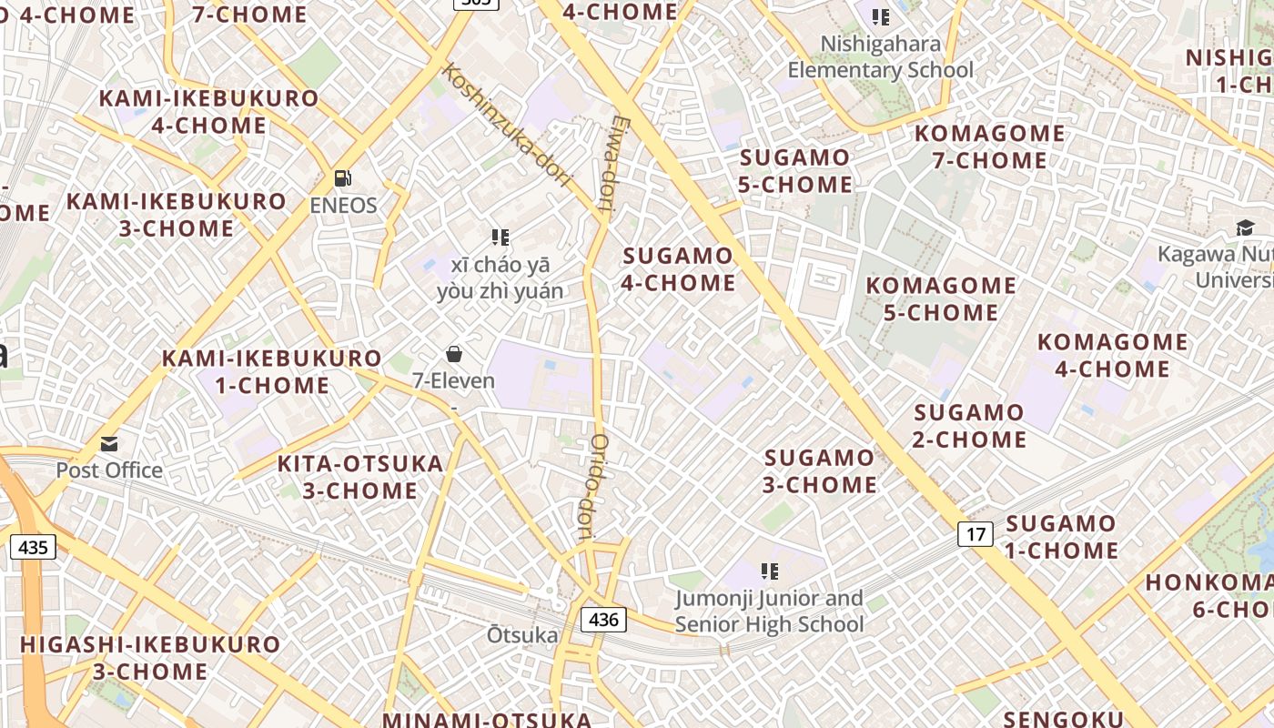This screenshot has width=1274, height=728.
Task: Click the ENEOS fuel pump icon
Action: pos(343,177)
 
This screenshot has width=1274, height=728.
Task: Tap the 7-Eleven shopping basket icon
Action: pos(454,354)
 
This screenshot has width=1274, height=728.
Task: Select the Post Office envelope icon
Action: pos(109,444)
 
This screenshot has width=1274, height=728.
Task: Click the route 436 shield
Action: pos(603,621)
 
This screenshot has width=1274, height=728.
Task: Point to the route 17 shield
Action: pos(976,534)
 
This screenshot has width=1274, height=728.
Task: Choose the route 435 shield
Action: pos(33,548)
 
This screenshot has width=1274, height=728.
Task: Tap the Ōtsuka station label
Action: pos(522,635)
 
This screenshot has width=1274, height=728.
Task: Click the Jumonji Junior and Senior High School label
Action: pos(770,612)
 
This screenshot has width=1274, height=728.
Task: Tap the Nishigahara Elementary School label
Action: pos(880,57)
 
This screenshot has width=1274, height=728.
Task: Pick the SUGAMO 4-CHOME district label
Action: pos(678,269)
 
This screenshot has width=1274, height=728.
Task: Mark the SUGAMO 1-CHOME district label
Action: pos(1061,537)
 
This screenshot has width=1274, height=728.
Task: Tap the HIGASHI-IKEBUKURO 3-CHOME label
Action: pos(150,658)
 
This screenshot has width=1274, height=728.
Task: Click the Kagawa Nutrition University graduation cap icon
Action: pos(1244,227)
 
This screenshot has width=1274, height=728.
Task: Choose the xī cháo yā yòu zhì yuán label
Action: pos(500,278)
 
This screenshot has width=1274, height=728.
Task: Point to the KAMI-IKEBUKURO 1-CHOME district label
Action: pos(272,371)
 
